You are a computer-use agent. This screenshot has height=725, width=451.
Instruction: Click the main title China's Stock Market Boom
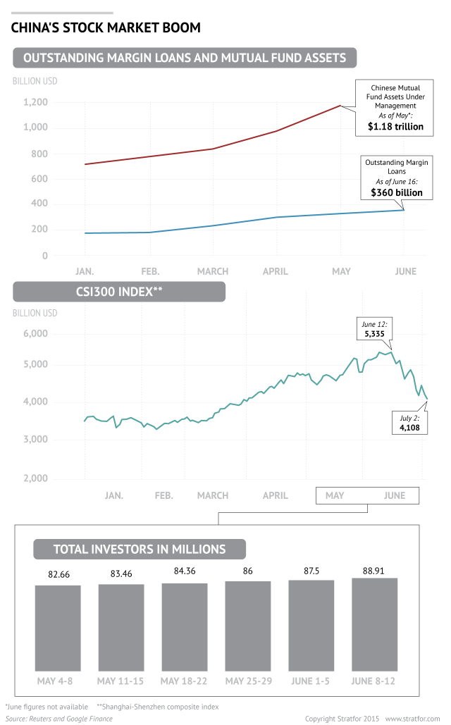(105, 28)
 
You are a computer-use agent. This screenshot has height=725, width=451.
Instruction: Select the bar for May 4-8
(58, 627)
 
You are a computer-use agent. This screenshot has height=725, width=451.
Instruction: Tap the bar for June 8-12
(375, 624)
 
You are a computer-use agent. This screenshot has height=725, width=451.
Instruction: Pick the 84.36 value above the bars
(185, 571)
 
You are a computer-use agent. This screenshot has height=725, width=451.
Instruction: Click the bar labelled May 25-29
(248, 626)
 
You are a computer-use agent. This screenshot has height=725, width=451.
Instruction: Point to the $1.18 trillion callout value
(395, 128)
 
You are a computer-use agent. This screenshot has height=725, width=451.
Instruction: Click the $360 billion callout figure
(397, 192)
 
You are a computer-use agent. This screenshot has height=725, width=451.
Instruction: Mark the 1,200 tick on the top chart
(35, 102)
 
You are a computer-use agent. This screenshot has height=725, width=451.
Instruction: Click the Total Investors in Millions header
(140, 550)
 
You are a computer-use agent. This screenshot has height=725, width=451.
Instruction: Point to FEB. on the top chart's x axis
(149, 271)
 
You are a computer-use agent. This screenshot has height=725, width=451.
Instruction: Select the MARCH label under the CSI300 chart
(212, 495)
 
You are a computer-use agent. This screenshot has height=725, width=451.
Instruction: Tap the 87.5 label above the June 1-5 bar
(311, 571)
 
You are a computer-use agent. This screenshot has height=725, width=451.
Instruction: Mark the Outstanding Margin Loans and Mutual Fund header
(185, 58)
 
